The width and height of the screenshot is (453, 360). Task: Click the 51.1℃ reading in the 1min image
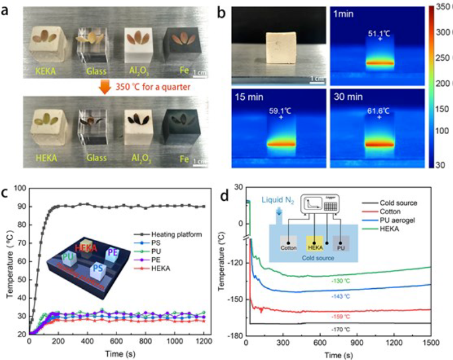pos(379,34)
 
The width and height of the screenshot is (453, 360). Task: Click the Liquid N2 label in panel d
pos(279,202)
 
